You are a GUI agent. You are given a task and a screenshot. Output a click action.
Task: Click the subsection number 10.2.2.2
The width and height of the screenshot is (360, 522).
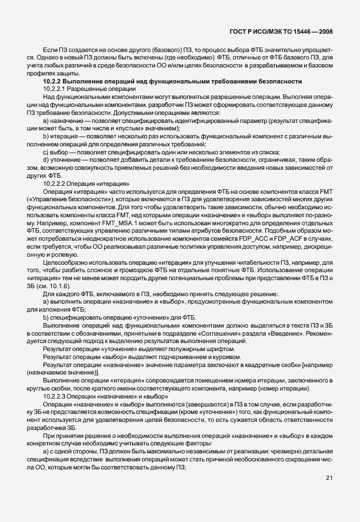[56, 184]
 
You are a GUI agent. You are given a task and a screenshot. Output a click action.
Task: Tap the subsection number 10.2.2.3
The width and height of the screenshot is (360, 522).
[56, 396]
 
